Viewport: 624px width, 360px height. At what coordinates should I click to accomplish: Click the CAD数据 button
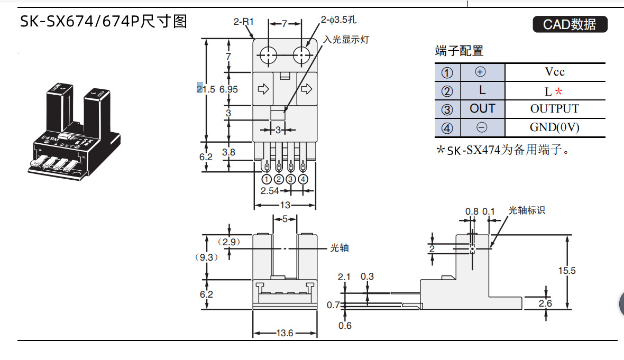tap(570, 24)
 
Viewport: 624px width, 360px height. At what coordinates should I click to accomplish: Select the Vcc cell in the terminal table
tap(555, 72)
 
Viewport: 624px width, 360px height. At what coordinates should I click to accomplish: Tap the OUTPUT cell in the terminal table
tap(555, 109)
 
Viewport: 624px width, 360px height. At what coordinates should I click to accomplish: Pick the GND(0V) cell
tap(555, 127)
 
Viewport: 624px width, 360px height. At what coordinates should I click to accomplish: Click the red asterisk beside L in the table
tap(559, 91)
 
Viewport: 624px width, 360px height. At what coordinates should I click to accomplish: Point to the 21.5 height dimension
tap(206, 89)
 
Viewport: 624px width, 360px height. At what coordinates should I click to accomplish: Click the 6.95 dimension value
tap(228, 89)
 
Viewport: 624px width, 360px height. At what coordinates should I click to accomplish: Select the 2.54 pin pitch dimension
tap(270, 191)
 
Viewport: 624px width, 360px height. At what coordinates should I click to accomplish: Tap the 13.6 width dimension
tap(285, 333)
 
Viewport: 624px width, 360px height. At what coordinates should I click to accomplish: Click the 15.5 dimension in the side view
tap(566, 271)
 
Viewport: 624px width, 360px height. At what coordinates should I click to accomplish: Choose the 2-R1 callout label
tap(244, 22)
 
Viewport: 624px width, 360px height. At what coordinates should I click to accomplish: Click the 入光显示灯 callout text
tap(346, 40)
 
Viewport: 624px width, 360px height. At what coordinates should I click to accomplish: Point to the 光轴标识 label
tap(526, 210)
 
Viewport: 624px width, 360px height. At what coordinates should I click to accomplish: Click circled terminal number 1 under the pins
tap(267, 179)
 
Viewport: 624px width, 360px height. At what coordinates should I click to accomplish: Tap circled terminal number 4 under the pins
tap(303, 179)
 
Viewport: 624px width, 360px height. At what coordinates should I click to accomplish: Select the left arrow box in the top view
tap(263, 89)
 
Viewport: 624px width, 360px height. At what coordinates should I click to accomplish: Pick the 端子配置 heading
tap(459, 51)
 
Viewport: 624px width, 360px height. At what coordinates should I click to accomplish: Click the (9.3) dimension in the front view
tap(206, 257)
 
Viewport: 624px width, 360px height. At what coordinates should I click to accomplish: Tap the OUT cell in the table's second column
tap(482, 109)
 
